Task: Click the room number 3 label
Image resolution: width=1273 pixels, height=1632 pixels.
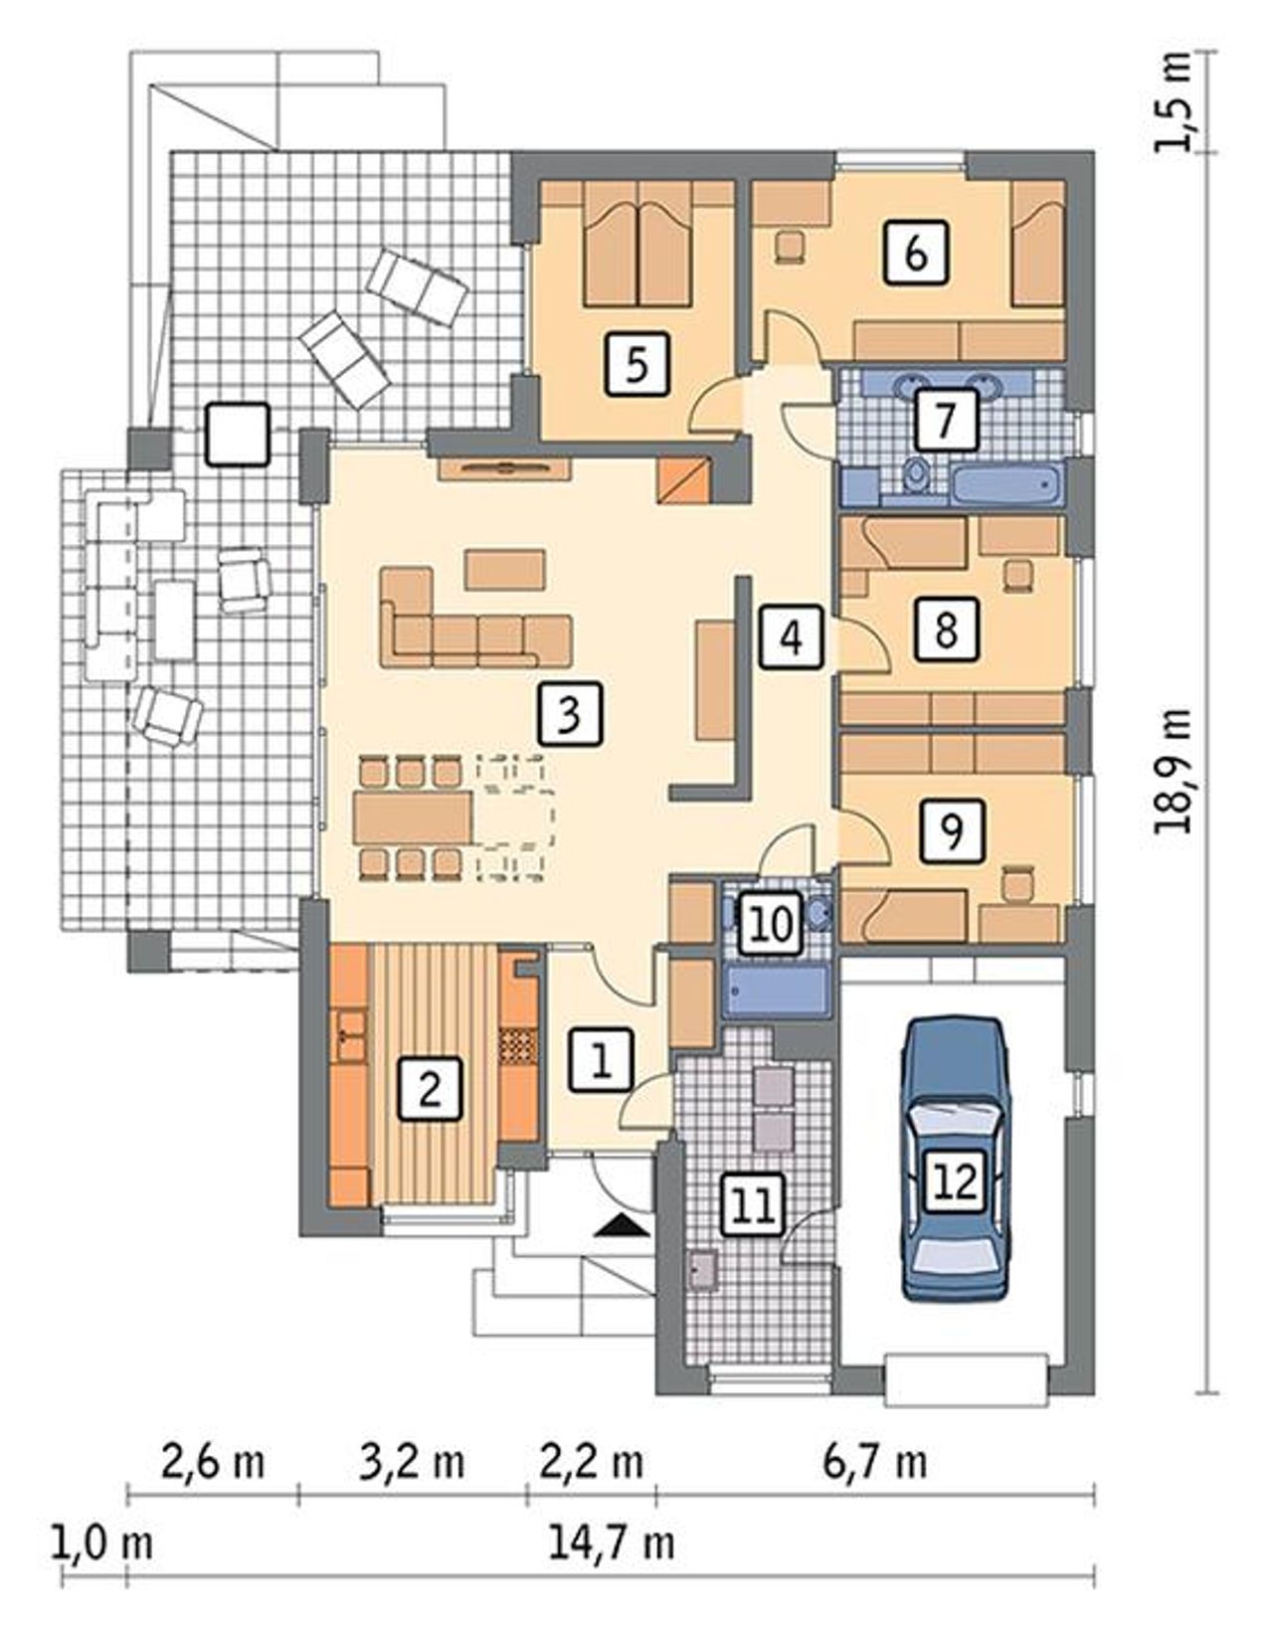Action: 570,713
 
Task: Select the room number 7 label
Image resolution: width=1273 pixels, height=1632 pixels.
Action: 946,419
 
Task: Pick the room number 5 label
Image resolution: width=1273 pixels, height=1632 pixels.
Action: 636,364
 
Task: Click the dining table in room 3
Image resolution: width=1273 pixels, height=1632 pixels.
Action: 415,817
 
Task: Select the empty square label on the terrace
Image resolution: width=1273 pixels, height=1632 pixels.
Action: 237,434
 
